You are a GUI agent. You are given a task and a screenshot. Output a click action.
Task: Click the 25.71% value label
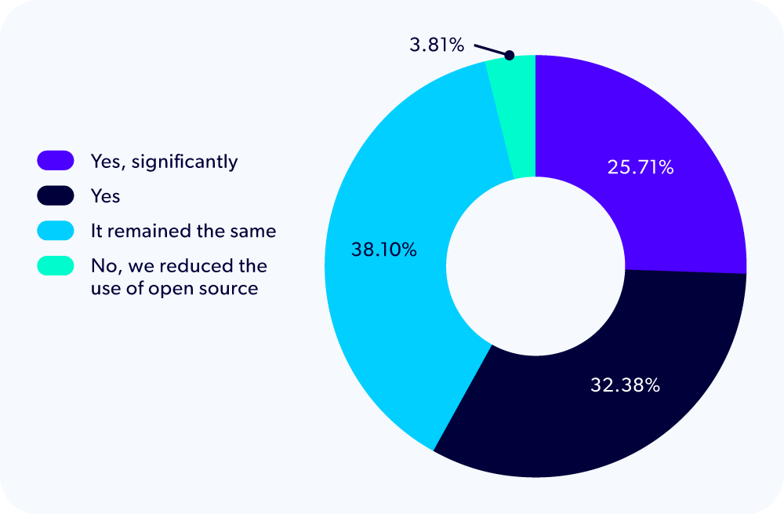[x=640, y=167]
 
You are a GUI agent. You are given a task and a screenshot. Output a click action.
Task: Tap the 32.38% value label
[x=625, y=385]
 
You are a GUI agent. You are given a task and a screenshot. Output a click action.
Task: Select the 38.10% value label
[x=382, y=251]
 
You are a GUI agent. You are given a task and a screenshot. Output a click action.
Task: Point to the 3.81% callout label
[x=437, y=45]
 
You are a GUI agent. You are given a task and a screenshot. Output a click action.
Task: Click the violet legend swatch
[x=55, y=162]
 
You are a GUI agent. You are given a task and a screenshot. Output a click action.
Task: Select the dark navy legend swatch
[x=55, y=195]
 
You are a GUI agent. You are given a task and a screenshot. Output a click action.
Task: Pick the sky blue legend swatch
[x=55, y=231]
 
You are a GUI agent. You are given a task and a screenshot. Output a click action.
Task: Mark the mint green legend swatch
[x=55, y=266]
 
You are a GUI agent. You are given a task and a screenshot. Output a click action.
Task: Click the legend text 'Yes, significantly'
[x=163, y=162]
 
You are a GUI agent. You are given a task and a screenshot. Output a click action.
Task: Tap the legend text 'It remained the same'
[x=183, y=231]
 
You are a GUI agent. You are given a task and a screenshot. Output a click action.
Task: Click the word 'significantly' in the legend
[x=184, y=162]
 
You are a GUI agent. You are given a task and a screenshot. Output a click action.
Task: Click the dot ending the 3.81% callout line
[x=509, y=56]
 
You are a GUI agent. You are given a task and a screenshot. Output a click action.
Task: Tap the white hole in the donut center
[x=535, y=266]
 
